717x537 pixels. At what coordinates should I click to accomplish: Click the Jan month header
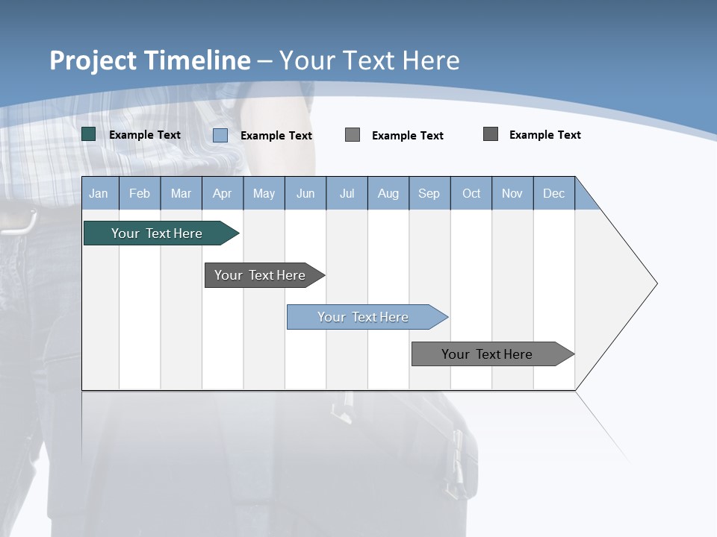[x=99, y=193]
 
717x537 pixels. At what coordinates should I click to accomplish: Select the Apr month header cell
[x=222, y=193]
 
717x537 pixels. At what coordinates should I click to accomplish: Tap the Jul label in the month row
[x=347, y=193]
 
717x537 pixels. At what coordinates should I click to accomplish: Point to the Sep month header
[x=429, y=193]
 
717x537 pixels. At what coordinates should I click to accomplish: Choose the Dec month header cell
[x=553, y=193]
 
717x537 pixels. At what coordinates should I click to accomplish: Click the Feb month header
[x=140, y=193]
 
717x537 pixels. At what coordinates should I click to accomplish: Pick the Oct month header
[x=471, y=193]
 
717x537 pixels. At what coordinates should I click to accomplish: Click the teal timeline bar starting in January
[x=157, y=233]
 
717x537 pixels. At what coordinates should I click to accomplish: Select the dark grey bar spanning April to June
[x=260, y=275]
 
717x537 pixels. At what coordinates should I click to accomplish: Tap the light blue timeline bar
[x=363, y=317]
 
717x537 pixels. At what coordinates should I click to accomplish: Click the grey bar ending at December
[x=487, y=354]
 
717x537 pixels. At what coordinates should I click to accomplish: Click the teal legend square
[x=89, y=134]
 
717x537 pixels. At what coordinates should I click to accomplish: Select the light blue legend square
[x=220, y=135]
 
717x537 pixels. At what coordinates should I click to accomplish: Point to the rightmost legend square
[x=491, y=134]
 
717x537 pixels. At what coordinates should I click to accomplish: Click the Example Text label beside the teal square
[x=145, y=135]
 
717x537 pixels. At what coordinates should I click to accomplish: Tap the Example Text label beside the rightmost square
[x=545, y=135]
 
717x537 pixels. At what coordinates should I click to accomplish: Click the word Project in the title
[x=93, y=60]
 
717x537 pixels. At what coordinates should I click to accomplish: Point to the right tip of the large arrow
[x=656, y=283]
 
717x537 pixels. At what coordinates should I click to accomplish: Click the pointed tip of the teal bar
[x=238, y=233]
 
